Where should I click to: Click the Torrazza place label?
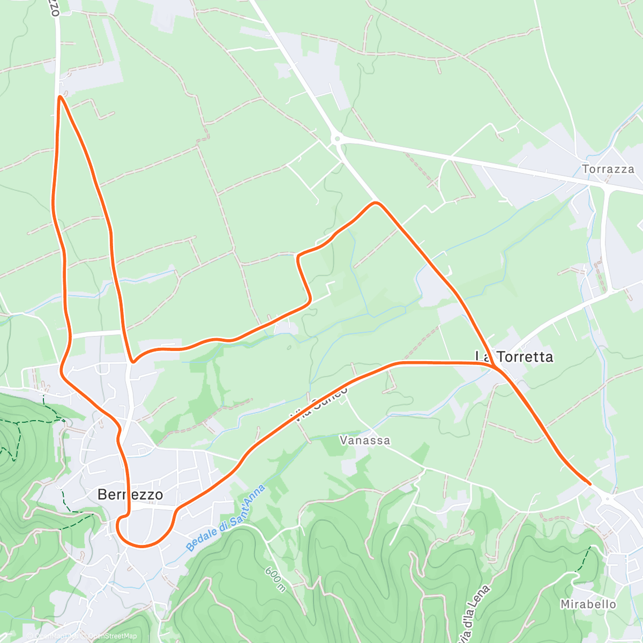pyautogui.click(x=608, y=169)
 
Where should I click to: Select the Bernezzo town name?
pyautogui.click(x=130, y=494)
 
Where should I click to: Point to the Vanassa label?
pyautogui.click(x=365, y=440)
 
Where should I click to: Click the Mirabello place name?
pyautogui.click(x=588, y=604)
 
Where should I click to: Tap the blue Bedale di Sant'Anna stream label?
pyautogui.click(x=226, y=519)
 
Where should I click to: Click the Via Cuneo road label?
pyautogui.click(x=320, y=405)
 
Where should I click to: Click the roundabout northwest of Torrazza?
pyautogui.click(x=337, y=139)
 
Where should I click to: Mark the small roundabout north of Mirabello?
pyautogui.click(x=607, y=498)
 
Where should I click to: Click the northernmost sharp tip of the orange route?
pyautogui.click(x=59, y=97)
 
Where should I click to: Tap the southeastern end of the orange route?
pyautogui.click(x=589, y=484)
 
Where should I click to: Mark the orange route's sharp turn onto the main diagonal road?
pyautogui.click(x=376, y=203)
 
